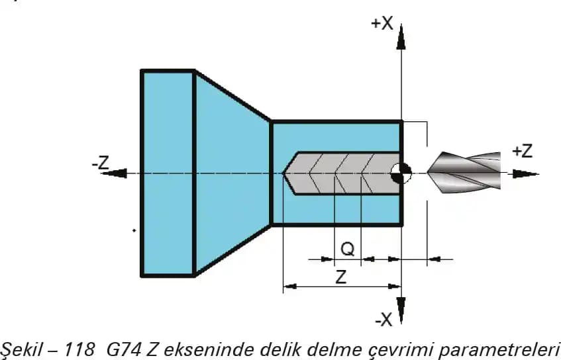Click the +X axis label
[x=382, y=24]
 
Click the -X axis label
[x=383, y=320]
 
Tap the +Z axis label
[x=522, y=151]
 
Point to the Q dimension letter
[x=347, y=249]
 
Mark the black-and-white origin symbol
[x=401, y=173]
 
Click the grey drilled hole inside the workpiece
[x=344, y=173]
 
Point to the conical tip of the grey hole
[x=290, y=173]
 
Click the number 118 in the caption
[x=82, y=348]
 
